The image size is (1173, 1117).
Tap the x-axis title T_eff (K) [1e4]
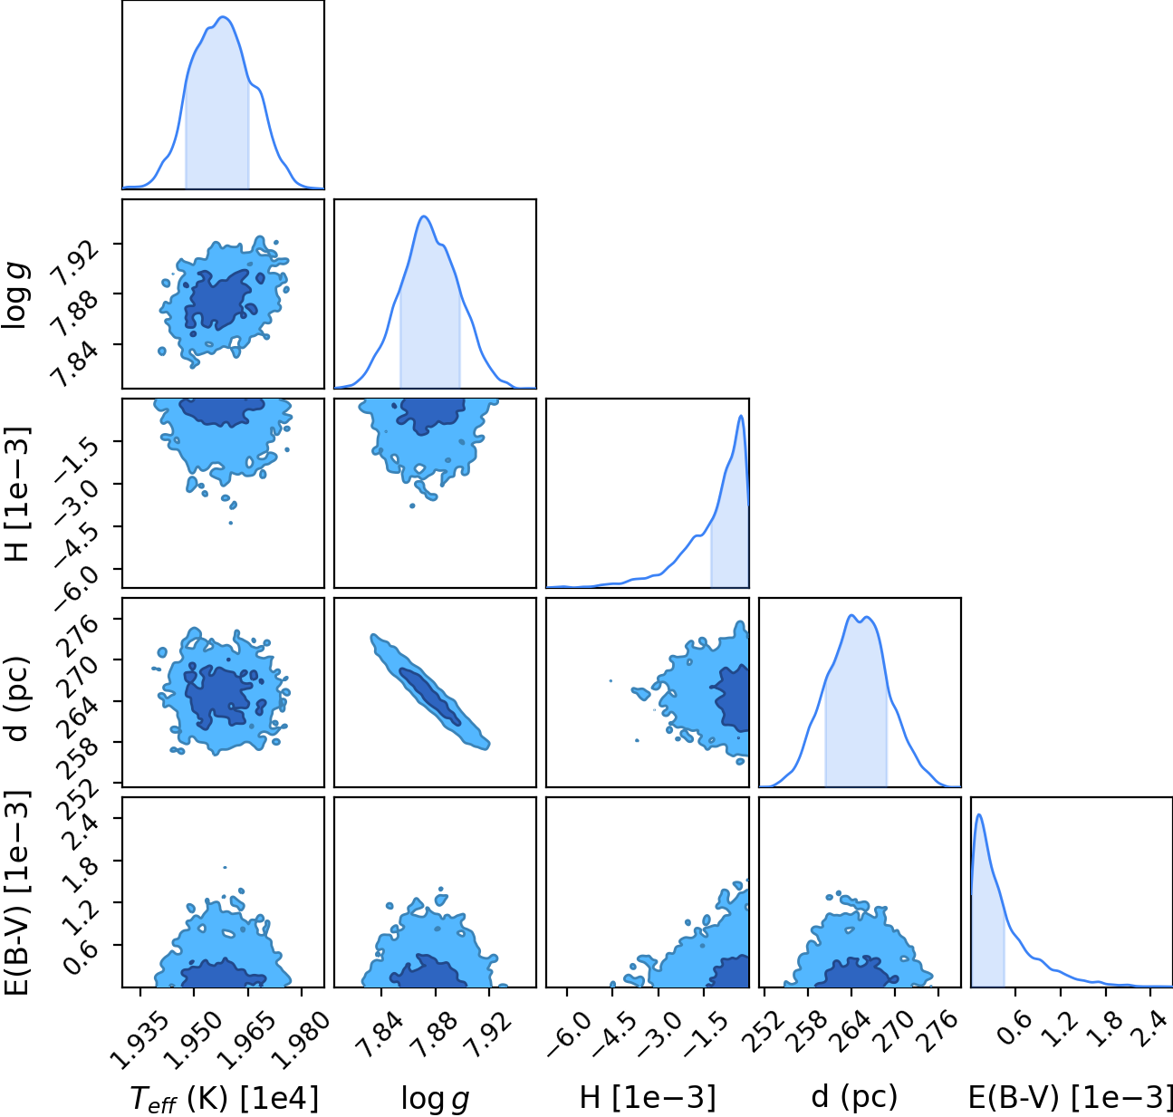[223, 1097]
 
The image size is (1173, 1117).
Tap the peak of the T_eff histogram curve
[223, 16]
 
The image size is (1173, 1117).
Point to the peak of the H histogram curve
[740, 416]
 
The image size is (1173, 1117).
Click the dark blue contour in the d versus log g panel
[429, 697]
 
